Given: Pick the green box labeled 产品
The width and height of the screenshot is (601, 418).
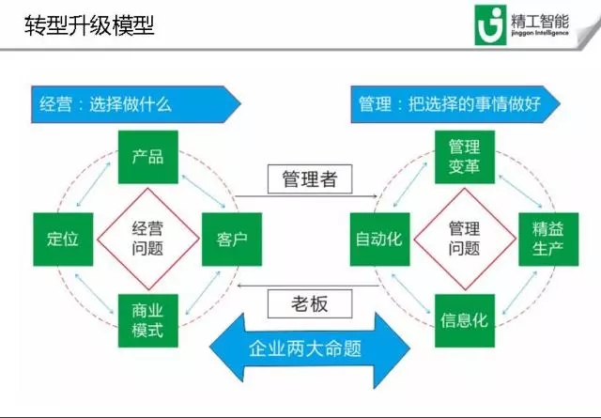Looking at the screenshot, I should pos(148,156).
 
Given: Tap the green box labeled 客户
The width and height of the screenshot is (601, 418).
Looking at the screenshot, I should pos(231,239).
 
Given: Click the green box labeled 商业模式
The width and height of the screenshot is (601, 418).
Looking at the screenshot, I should pos(148,320).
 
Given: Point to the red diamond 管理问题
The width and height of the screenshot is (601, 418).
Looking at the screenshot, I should pos(464,239).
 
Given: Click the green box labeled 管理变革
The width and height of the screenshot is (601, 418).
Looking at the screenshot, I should pos(464,157).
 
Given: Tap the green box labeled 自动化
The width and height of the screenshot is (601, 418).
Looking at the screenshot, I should pos(378,239).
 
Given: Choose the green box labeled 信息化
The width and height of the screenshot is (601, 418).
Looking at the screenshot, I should pos(464,319).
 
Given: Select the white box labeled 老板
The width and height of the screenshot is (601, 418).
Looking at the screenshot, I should pos(305,302).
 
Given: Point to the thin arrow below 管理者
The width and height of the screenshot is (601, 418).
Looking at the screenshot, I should pos(306,196).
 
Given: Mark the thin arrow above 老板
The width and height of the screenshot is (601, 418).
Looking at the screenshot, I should pos(306,284).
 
